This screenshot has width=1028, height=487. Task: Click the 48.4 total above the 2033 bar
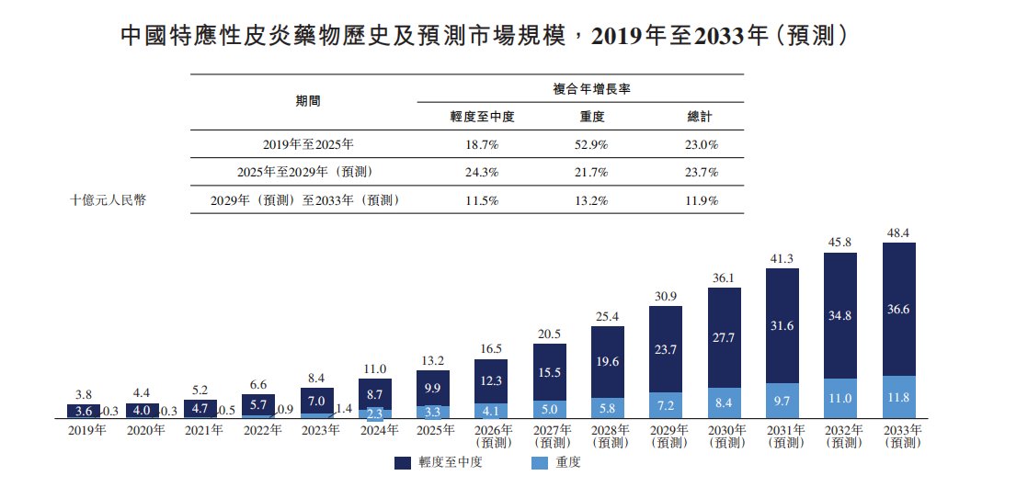899,232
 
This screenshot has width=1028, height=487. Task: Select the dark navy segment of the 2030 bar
725,337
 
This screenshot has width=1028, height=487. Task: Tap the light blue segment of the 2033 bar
899,397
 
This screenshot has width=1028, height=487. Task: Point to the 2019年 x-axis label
86,431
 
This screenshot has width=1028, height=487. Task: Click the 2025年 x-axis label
435,431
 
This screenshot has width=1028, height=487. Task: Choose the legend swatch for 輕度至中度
403,463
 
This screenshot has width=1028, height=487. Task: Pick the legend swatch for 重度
538,463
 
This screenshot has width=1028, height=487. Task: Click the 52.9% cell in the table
590,144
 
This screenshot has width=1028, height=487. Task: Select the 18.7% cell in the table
482,144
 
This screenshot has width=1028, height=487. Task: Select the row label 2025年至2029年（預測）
304,173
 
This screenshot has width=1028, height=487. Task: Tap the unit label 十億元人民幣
108,200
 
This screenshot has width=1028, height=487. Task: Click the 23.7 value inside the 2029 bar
666,349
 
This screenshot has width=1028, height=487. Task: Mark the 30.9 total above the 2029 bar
666,296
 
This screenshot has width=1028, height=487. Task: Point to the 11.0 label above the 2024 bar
374,369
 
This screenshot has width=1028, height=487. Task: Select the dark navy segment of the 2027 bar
550,372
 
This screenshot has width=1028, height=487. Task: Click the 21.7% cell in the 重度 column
590,173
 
